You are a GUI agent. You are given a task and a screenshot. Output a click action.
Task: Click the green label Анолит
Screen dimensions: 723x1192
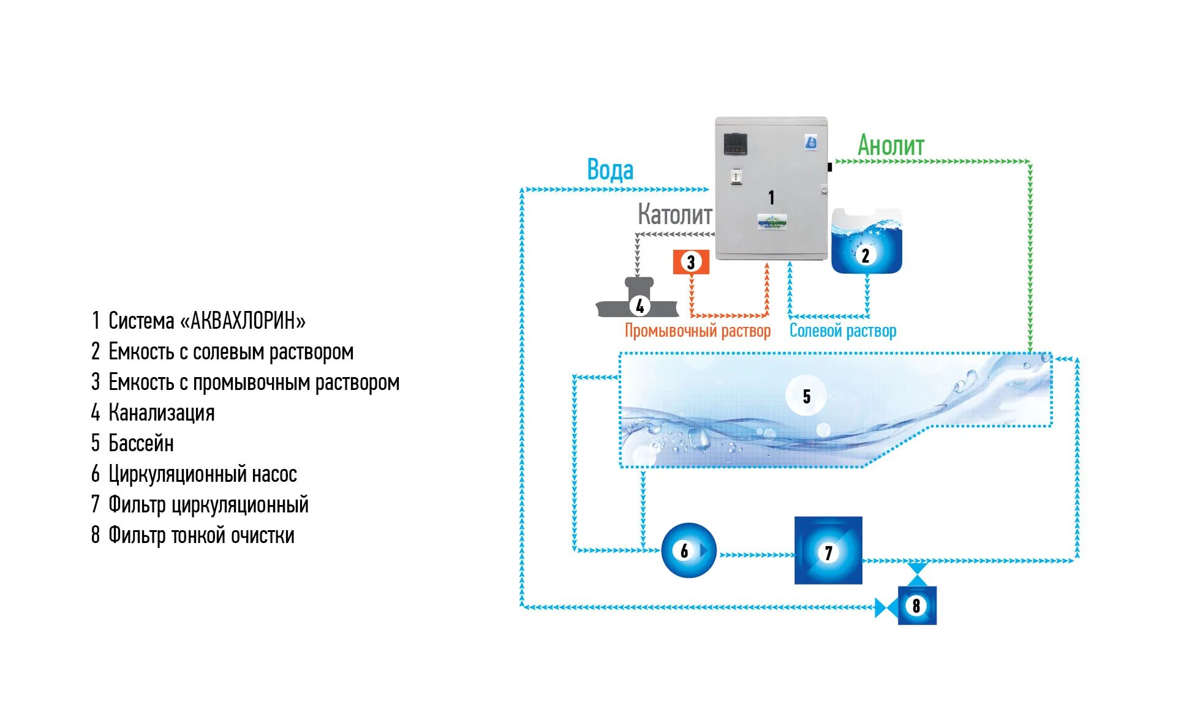pyautogui.click(x=890, y=146)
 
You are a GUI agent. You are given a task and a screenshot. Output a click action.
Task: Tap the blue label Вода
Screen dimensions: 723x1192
pyautogui.click(x=609, y=170)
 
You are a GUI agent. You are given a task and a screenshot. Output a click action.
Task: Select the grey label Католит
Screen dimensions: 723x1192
pyautogui.click(x=674, y=214)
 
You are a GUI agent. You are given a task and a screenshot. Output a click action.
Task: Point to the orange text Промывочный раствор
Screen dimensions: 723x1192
pyautogui.click(x=697, y=331)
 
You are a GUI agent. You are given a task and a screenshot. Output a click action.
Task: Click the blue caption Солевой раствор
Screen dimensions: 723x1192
pyautogui.click(x=842, y=331)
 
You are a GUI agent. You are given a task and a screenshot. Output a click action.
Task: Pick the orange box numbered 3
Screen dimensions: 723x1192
pyautogui.click(x=691, y=262)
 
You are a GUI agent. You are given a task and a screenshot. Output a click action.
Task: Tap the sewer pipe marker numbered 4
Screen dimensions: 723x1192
pyautogui.click(x=639, y=305)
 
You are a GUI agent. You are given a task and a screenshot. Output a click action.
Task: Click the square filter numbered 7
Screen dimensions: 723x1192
pyautogui.click(x=828, y=551)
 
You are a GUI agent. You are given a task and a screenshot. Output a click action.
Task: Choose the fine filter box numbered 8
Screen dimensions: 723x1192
pyautogui.click(x=916, y=605)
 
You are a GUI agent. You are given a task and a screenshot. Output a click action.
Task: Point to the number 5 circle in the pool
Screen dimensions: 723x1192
pyautogui.click(x=806, y=396)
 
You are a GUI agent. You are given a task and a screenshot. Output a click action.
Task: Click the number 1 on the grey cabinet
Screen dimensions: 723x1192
pyautogui.click(x=771, y=197)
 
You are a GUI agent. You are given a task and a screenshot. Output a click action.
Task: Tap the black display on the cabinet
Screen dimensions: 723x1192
pyautogui.click(x=735, y=144)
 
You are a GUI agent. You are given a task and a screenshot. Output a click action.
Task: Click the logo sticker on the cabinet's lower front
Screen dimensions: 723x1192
pyautogui.click(x=772, y=222)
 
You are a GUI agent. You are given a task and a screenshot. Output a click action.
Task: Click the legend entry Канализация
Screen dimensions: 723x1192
pyautogui.click(x=161, y=413)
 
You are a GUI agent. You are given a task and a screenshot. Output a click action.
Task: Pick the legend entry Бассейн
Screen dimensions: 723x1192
pyautogui.click(x=141, y=443)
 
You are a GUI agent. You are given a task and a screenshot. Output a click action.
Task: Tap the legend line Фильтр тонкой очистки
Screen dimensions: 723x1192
pyautogui.click(x=201, y=535)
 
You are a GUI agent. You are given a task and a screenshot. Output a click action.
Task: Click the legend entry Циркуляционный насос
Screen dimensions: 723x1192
pyautogui.click(x=202, y=474)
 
